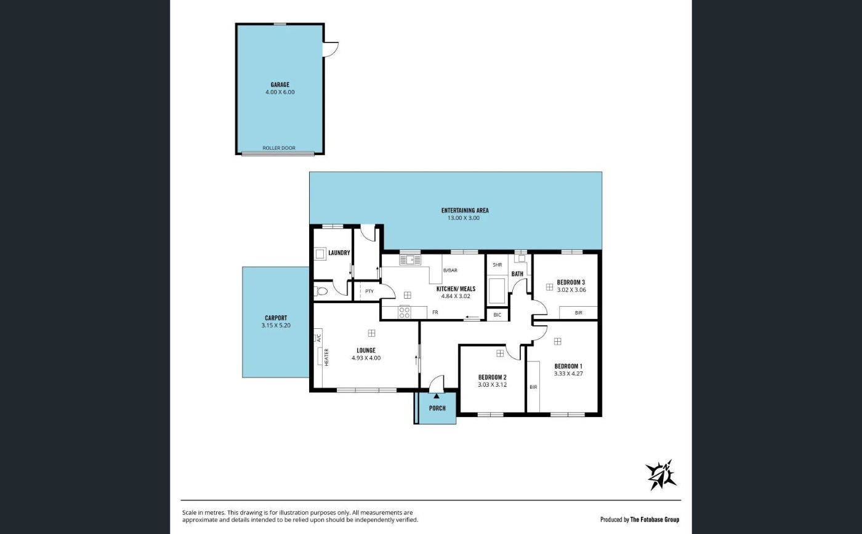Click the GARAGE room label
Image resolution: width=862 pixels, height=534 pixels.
point(280,85)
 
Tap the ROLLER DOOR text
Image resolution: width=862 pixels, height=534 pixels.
point(279,148)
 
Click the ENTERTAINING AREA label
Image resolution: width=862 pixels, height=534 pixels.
point(465,210)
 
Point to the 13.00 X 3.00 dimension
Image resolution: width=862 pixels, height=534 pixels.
point(463,218)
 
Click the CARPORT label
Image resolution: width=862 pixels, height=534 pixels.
point(276,318)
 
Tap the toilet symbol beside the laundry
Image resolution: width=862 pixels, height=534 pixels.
point(321,291)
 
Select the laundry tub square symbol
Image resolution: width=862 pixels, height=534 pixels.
point(320,254)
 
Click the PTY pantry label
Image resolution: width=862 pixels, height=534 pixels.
point(369,291)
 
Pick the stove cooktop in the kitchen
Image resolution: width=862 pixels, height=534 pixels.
point(405,312)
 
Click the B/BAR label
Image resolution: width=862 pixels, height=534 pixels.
point(450,270)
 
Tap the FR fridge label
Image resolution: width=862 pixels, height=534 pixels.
point(435,312)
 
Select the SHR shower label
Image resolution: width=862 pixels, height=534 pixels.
point(497,265)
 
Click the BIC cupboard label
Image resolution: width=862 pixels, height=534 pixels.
point(497,315)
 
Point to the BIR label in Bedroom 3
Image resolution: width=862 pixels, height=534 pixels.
point(579,313)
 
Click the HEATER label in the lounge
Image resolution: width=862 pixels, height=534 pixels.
point(326,357)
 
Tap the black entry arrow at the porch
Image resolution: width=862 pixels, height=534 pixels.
point(437,396)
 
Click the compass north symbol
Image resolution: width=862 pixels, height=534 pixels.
point(660,475)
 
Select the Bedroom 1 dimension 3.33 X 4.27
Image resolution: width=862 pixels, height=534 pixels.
point(568,373)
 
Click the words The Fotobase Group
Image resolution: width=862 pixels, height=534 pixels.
point(655,520)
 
